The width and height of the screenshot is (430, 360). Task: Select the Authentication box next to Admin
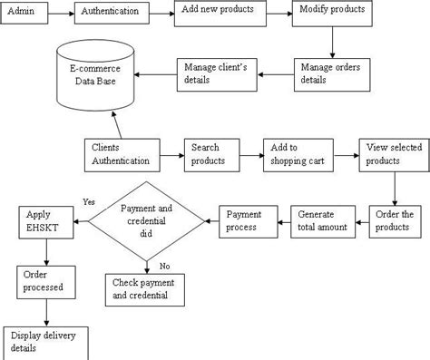tap(111, 14)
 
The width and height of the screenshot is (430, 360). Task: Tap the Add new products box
tap(218, 12)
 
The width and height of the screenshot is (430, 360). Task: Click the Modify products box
tap(331, 12)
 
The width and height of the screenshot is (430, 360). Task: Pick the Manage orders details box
tap(332, 74)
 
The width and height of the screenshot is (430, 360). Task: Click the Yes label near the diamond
tap(89, 201)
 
